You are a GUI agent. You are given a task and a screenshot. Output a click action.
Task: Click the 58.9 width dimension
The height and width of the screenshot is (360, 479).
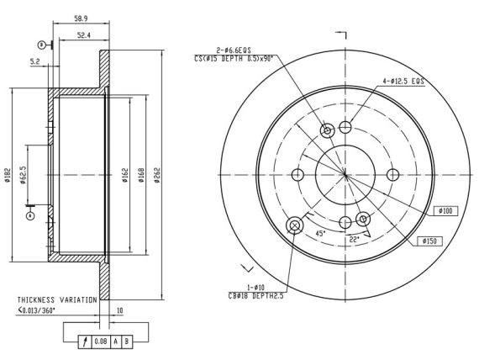pos(81,19)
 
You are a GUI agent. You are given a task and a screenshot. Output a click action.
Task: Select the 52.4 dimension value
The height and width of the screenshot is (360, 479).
pos(84,35)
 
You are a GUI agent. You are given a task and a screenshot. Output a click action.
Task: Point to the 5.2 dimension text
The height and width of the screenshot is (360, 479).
pos(35,61)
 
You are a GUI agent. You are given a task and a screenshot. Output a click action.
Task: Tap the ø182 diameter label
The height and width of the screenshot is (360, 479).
pos(8,175)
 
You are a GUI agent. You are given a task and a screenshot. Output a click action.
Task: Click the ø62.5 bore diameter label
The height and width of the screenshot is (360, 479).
pos(23,175)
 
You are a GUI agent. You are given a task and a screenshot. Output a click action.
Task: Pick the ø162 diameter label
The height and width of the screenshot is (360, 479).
pos(125,175)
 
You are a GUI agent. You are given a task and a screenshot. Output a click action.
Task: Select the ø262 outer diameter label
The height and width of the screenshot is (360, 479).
pos(157,175)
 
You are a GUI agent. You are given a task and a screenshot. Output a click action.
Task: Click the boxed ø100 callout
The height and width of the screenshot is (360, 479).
pos(445,211)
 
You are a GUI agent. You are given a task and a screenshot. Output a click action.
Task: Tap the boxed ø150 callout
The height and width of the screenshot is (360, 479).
pos(429,241)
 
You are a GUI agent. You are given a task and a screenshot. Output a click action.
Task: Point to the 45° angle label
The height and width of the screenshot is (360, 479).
pos(320,234)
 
